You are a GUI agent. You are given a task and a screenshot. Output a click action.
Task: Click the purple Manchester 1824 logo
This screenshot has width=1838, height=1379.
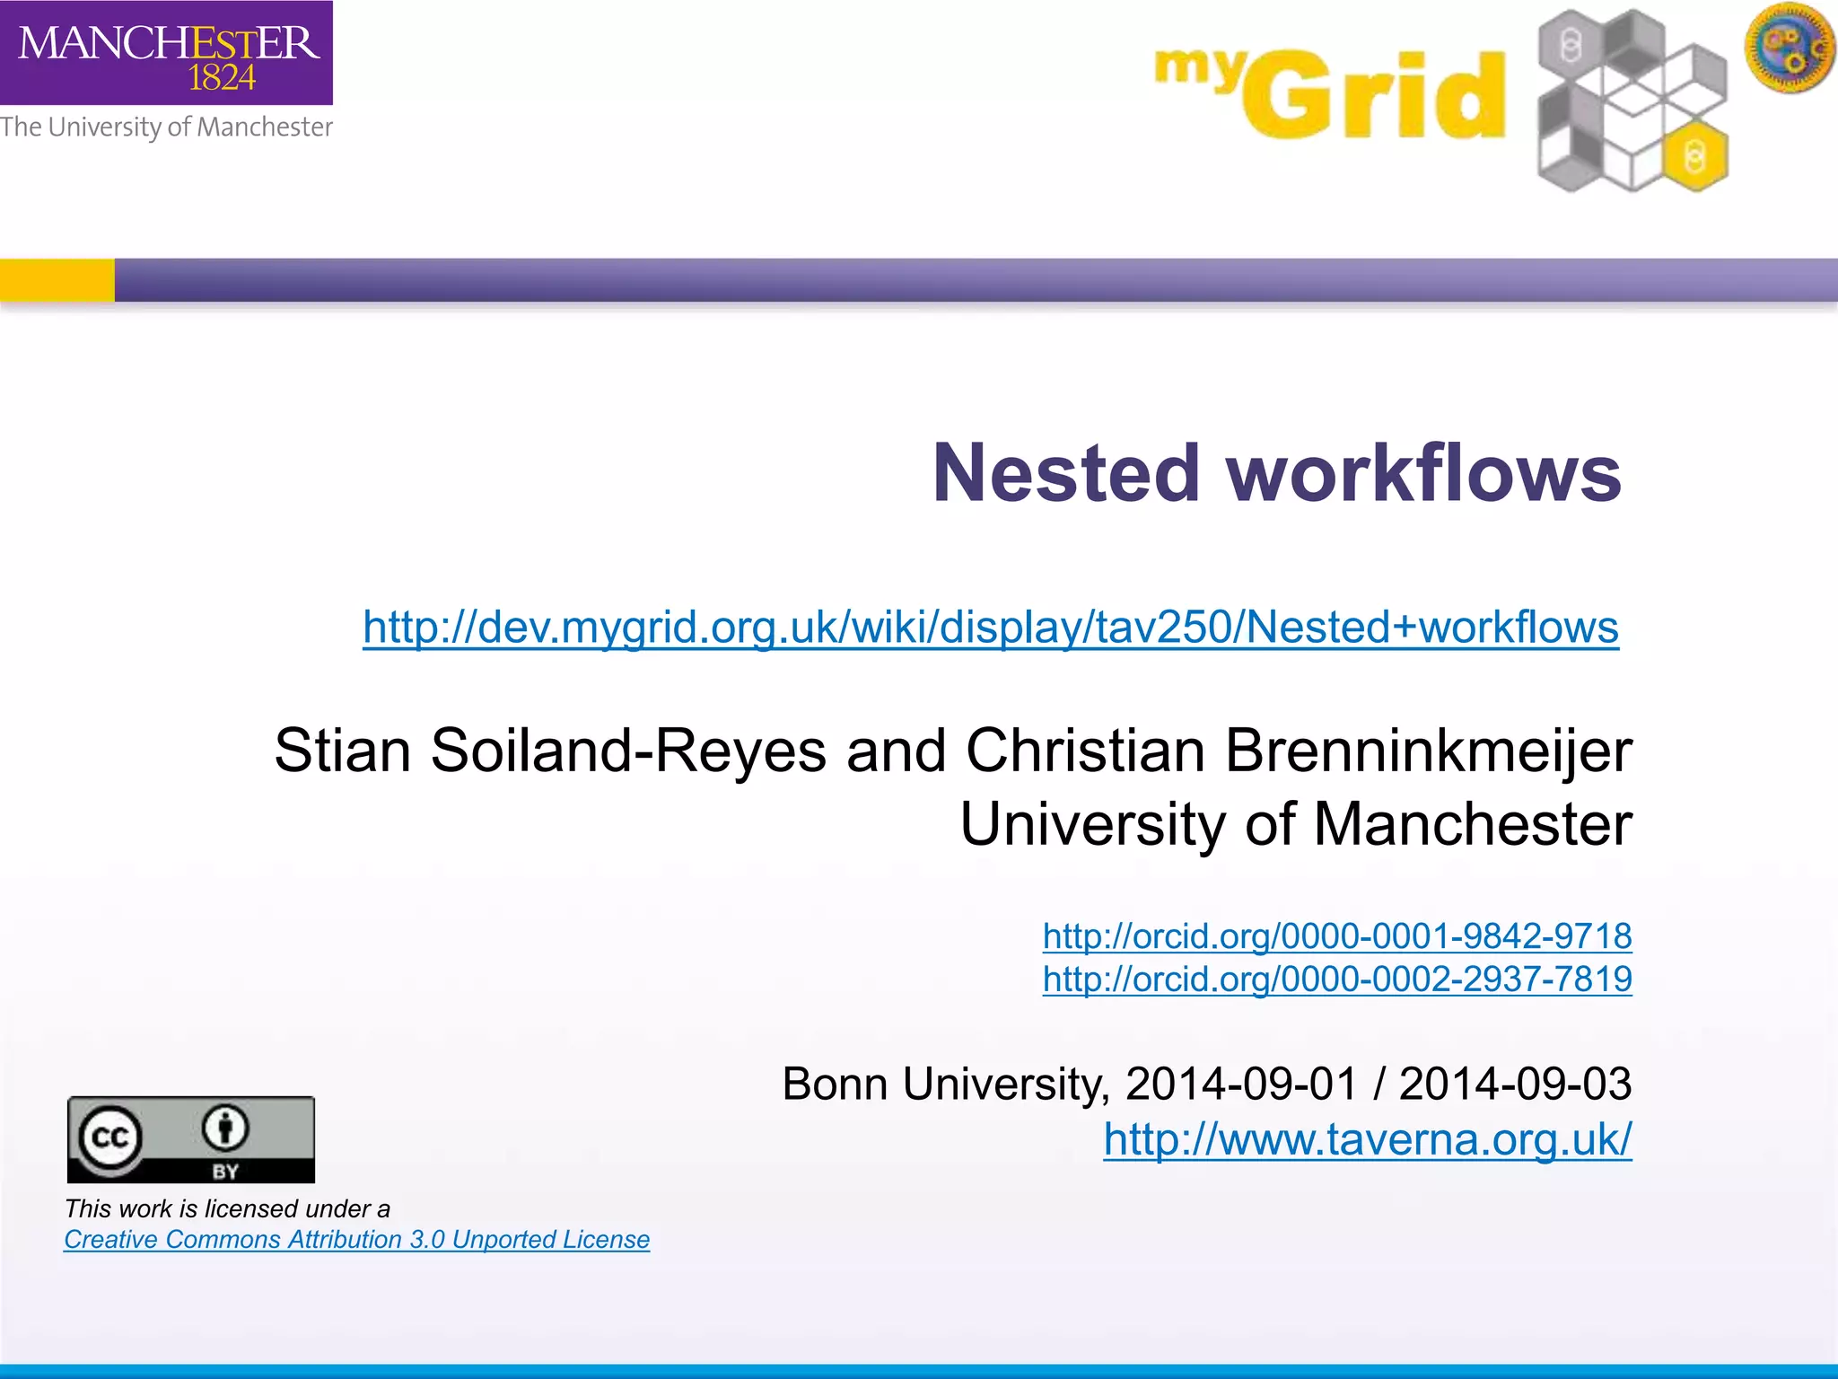click(166, 52)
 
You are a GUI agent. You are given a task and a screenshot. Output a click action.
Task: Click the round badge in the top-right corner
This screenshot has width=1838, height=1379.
click(1790, 47)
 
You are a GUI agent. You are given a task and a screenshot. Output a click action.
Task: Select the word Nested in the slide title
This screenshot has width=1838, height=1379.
click(1066, 473)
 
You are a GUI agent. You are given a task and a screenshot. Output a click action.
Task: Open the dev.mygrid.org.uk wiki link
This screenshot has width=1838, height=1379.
click(990, 627)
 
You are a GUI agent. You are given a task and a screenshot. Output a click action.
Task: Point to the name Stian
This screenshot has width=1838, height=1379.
click(342, 750)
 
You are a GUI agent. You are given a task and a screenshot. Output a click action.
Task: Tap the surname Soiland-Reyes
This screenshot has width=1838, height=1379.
click(628, 750)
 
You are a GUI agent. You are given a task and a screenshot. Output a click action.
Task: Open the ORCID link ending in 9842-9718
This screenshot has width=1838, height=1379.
click(1336, 936)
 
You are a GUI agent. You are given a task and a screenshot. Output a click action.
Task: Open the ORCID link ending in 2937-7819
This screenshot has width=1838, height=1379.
click(1336, 979)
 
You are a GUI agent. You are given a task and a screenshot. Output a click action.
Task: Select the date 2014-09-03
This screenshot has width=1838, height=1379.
click(1515, 1084)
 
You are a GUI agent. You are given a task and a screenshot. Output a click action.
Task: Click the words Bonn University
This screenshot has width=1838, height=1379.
click(942, 1084)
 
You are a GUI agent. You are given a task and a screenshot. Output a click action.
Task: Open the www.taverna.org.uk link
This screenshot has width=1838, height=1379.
click(1367, 1139)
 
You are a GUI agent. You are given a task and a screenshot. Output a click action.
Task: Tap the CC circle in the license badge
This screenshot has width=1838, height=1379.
click(110, 1138)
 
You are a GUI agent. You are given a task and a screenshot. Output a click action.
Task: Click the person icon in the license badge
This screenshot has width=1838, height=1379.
click(224, 1128)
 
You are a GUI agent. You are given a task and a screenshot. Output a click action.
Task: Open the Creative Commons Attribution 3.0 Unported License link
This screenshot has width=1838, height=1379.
click(356, 1240)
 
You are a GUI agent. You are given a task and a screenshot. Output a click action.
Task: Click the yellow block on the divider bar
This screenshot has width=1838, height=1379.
click(57, 280)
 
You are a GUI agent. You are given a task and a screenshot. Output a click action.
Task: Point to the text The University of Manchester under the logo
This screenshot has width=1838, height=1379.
click(166, 127)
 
